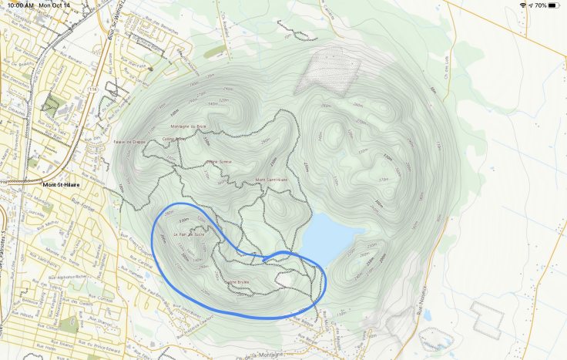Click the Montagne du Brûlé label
click(188, 126)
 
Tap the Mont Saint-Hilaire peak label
click(271, 180)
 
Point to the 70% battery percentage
click(540, 5)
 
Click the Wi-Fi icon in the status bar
click(522, 5)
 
